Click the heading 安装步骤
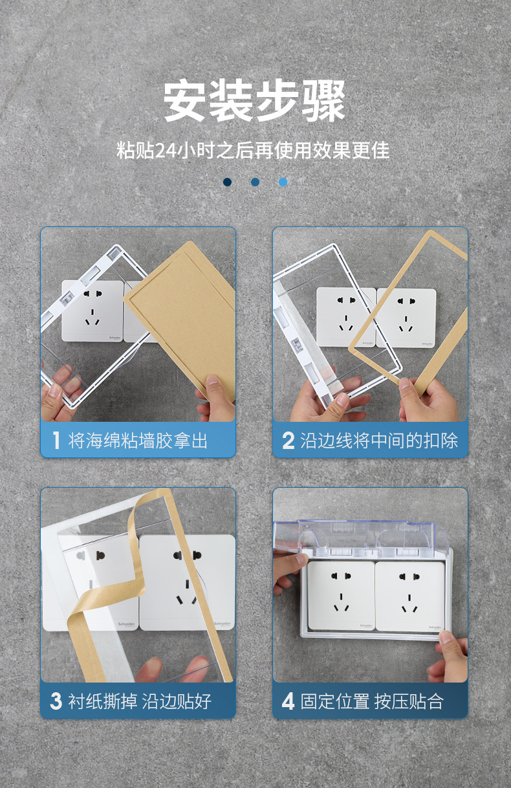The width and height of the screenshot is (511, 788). coord(255,101)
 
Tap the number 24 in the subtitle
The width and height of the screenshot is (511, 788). coord(166,151)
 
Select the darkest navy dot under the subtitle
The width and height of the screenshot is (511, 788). coord(228,182)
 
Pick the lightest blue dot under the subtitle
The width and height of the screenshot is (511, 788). coord(283,182)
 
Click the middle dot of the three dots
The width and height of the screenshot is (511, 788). coord(255,182)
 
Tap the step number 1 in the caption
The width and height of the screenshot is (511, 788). coord(56,441)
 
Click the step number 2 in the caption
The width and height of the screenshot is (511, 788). coord(288,441)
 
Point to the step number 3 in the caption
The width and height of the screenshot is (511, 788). coord(56,701)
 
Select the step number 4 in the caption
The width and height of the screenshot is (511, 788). coord(288,701)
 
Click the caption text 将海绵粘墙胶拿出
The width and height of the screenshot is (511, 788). coord(138,441)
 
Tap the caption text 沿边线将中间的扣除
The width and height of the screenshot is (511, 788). coord(379,441)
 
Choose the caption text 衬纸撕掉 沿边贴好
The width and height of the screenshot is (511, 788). coord(140,701)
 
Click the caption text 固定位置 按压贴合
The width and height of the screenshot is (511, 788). coord(372,701)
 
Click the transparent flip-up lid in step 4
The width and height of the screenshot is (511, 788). coord(360,534)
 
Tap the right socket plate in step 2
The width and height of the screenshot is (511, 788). coord(406,318)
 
